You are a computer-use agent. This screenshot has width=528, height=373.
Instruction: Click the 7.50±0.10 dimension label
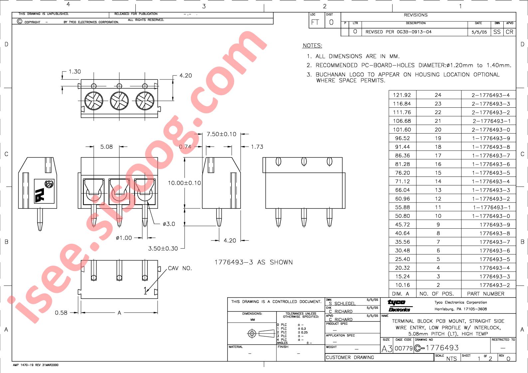pos(221,134)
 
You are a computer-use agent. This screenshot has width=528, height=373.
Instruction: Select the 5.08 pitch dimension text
pos(106,147)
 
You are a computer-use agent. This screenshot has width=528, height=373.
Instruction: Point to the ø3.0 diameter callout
pos(169,224)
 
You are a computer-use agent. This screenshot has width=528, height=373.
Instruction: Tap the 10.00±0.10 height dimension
pos(184,183)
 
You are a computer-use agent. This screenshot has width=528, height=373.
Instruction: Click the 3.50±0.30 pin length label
pos(163,248)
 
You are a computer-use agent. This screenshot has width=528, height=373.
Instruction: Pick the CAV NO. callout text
pos(180,268)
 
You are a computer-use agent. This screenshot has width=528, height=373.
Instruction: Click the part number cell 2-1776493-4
pos(490,95)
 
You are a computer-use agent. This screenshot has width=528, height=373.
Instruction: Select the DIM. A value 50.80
pos(402,216)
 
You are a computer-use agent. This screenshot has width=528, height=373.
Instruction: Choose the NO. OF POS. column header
pos(437,294)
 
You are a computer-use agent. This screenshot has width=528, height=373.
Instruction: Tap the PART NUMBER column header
pos(485,294)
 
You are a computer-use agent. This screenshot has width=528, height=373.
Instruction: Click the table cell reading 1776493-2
pos(494,285)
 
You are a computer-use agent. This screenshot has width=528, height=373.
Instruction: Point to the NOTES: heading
pos(312,46)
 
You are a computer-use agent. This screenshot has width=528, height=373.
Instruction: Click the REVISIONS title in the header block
pos(416,15)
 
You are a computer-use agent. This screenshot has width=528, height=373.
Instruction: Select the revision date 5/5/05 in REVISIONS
pos(479,32)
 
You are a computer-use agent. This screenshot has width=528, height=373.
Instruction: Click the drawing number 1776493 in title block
pos(442,348)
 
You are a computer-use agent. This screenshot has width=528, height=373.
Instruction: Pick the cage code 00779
pos(403,348)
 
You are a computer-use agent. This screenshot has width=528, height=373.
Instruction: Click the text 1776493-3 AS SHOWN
pos(254,262)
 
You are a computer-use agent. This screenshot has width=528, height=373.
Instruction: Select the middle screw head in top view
pos(119,101)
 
